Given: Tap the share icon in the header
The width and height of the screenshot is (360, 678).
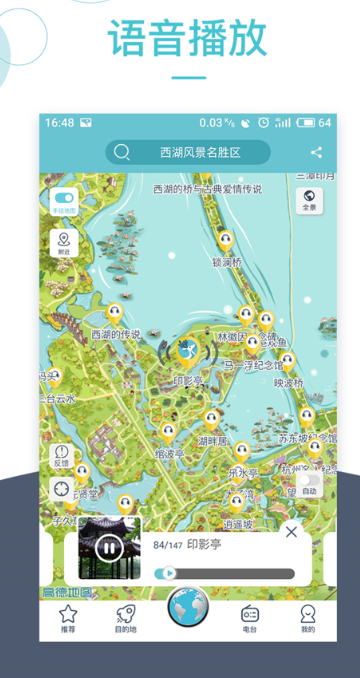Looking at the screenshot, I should click(x=316, y=153).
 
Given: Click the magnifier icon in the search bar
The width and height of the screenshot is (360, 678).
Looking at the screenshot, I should click(x=122, y=153).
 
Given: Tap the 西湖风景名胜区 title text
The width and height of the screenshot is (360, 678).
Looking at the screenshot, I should click(x=214, y=153).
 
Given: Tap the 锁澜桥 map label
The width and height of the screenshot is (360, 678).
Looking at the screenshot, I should click(x=226, y=264).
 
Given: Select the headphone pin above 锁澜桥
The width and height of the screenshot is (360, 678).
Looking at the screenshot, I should click(x=226, y=241).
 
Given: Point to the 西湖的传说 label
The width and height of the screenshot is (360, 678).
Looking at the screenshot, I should click(x=116, y=334).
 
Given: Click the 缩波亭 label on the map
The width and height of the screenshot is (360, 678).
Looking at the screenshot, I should click(x=170, y=453).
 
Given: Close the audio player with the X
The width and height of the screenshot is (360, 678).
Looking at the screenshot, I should click(x=291, y=532).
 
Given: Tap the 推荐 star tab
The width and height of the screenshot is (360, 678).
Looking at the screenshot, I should click(x=67, y=618).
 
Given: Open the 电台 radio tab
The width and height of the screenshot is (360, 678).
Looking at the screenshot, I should click(x=250, y=618).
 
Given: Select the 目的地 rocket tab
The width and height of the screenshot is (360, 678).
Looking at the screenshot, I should click(x=125, y=618).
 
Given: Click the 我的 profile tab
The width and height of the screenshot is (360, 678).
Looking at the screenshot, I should click(x=307, y=618).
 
